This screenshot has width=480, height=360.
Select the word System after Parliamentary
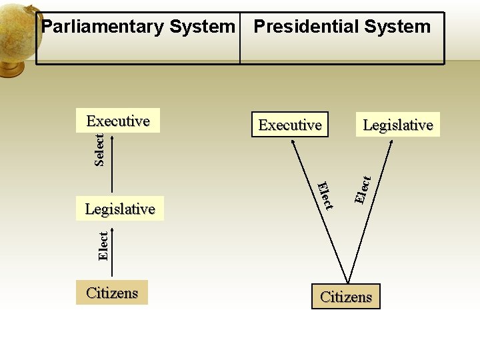point(203,27)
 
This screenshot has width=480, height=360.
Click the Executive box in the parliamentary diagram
point(118,121)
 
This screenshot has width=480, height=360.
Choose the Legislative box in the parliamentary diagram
point(120,209)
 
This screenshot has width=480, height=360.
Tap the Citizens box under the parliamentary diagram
point(112,293)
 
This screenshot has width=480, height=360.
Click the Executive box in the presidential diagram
point(290,125)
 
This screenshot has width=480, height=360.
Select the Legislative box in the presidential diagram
point(398,125)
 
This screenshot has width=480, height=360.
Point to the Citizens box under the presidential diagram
point(346,297)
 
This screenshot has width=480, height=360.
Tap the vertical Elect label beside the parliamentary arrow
point(103,245)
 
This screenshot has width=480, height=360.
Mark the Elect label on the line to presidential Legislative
point(363,189)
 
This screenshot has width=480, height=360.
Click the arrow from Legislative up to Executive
point(112,167)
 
